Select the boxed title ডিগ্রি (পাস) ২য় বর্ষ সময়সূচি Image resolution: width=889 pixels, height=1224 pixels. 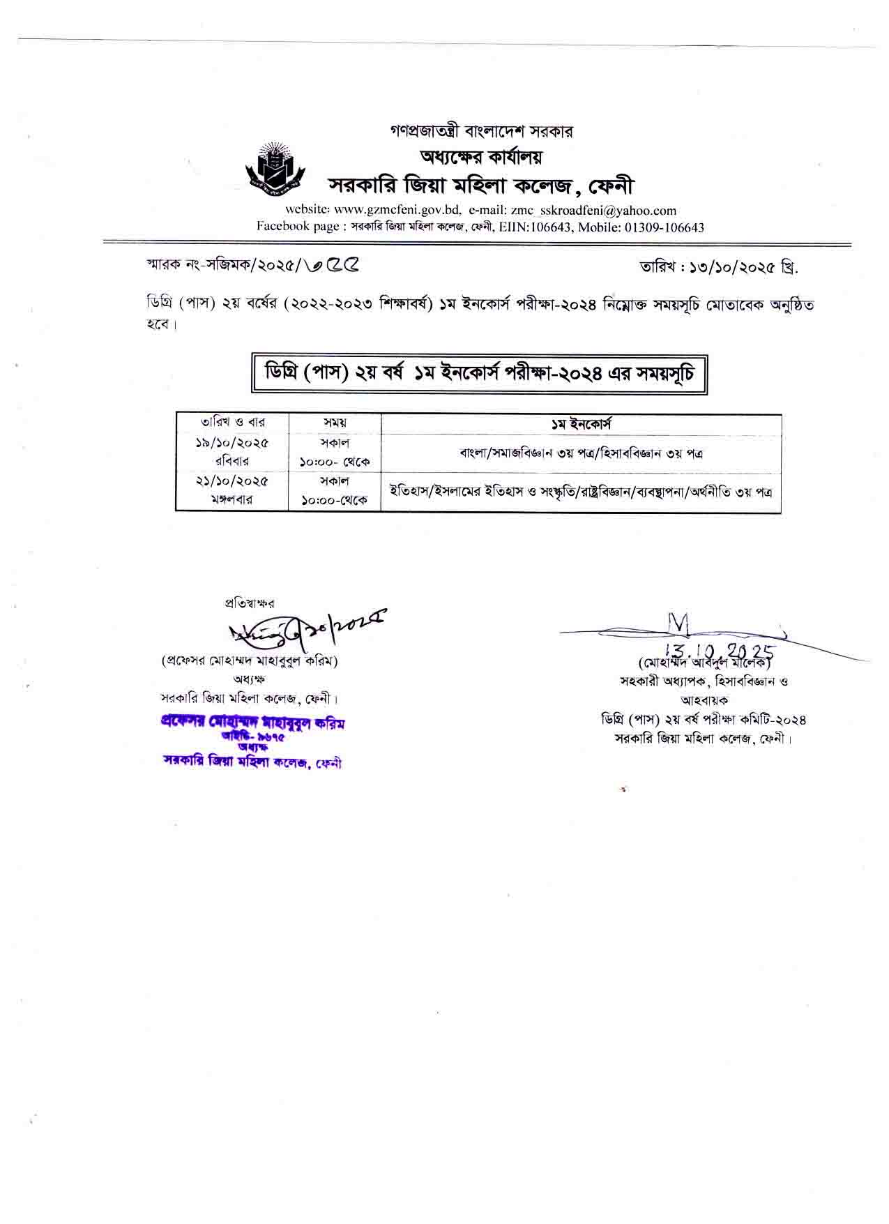click(479, 375)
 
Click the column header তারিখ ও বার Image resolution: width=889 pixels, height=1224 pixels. click(232, 423)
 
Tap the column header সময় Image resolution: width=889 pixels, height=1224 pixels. click(335, 423)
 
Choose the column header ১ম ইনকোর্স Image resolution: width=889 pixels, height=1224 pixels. click(581, 423)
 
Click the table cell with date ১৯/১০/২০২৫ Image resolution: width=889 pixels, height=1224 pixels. click(232, 443)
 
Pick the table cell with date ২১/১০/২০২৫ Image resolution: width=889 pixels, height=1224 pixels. click(232, 481)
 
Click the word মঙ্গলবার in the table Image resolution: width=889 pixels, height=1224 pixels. click(232, 500)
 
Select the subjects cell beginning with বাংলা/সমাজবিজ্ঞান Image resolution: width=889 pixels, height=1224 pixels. click(581, 453)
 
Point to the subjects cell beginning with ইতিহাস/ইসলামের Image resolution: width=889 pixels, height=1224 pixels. click(581, 491)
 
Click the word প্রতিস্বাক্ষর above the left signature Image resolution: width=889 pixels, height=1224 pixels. click(250, 603)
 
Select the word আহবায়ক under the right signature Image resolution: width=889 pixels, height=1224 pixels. click(704, 700)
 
